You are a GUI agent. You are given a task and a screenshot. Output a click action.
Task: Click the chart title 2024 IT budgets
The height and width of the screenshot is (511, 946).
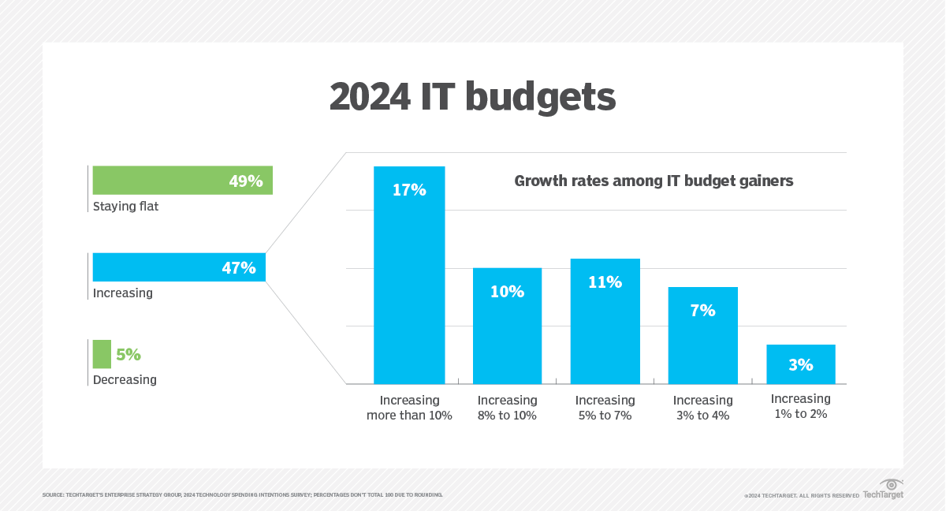472,97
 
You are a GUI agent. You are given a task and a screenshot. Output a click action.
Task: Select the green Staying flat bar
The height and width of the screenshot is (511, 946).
158,180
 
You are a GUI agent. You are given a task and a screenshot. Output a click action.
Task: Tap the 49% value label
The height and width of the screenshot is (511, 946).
245,181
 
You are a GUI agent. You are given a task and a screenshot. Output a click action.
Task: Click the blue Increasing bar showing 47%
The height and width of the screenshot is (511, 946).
158,267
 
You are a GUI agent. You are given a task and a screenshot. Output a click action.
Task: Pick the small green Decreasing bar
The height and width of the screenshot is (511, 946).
102,354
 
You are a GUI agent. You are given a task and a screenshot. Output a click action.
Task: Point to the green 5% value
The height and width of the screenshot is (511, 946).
128,355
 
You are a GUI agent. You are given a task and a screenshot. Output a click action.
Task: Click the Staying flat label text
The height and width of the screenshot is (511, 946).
125,207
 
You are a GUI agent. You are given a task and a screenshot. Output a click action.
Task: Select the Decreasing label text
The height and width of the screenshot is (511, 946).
125,380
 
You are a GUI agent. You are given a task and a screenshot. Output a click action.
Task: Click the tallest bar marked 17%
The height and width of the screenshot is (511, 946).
409,276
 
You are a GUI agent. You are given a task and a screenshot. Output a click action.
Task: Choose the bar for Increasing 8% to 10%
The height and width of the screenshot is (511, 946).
507,331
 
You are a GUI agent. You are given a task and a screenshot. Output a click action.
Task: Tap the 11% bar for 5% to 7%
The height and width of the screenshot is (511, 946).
605,323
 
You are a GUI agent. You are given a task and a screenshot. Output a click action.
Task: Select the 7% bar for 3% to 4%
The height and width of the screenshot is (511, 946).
702,339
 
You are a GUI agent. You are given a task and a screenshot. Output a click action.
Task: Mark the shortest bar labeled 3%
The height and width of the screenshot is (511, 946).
800,364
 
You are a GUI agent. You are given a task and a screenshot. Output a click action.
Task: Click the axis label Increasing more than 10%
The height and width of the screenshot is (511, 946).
409,408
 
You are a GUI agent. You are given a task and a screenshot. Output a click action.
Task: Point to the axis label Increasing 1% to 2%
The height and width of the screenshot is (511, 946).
800,406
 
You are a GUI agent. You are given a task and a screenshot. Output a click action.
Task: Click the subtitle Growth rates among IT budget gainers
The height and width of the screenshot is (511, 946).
654,181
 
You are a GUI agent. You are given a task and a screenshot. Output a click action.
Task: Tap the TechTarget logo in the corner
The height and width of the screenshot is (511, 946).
884,489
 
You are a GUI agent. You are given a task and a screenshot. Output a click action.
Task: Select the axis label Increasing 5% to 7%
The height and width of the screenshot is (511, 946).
605,408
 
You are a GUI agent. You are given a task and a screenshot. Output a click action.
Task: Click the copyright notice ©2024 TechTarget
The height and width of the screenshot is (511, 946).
801,495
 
